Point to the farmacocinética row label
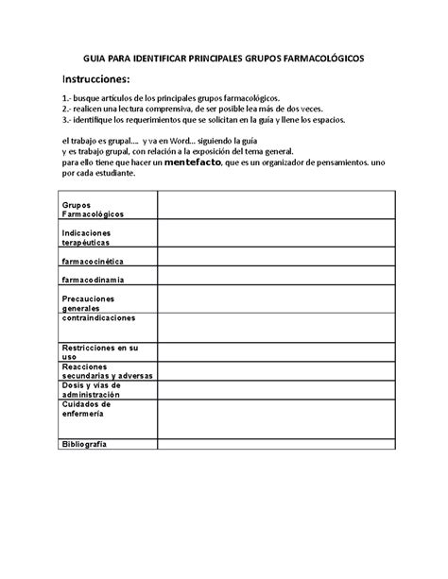coord(93,261)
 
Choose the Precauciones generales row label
coord(88,303)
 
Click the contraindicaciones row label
coord(98,318)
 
